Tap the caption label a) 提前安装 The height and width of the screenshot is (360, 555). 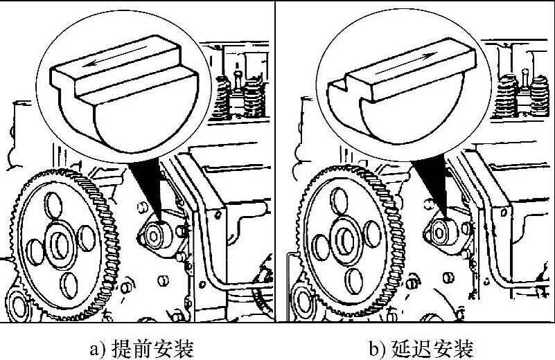click(x=142, y=349)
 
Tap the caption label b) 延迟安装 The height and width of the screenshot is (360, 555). click(x=421, y=349)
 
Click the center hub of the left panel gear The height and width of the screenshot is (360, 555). click(x=60, y=244)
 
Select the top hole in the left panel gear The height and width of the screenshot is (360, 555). click(x=53, y=205)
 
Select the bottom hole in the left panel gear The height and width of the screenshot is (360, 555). click(x=69, y=285)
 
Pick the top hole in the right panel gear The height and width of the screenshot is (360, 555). click(x=339, y=201)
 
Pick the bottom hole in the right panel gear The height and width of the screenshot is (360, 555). click(x=354, y=282)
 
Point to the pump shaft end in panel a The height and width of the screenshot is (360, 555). click(x=154, y=236)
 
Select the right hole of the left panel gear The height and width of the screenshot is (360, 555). click(x=87, y=238)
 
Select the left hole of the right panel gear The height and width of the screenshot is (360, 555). click(x=321, y=247)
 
